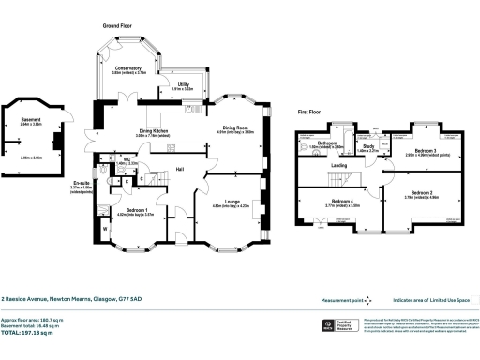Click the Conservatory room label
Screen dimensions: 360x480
click(x=127, y=68)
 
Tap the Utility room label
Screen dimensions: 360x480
click(x=184, y=84)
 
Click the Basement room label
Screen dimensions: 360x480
click(x=31, y=118)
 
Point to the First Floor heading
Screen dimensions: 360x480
click(x=310, y=111)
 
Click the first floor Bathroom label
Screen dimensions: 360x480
click(x=327, y=142)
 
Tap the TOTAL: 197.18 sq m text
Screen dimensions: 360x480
click(x=32, y=332)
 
